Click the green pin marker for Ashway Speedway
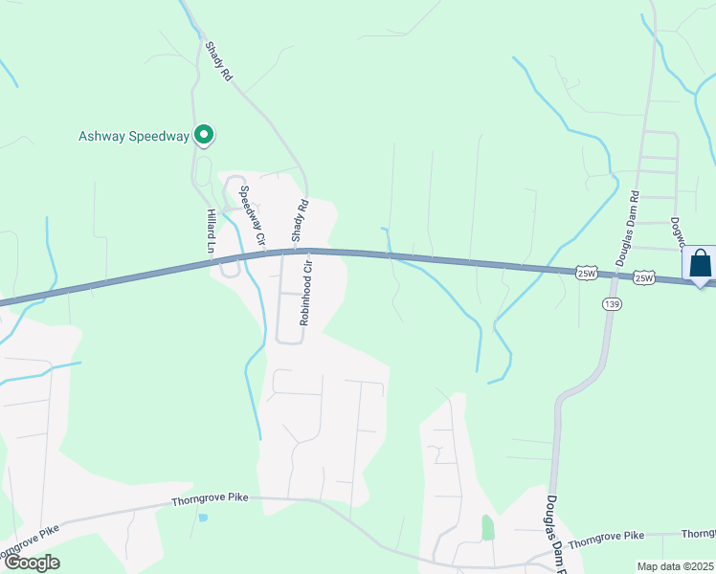[x=203, y=136]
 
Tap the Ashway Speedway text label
[x=133, y=136]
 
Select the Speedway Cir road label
[x=251, y=215]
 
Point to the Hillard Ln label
[x=212, y=232]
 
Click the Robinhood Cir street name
[x=305, y=291]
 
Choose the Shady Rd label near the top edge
[x=219, y=60]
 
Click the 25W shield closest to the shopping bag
[x=643, y=277]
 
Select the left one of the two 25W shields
[x=588, y=273]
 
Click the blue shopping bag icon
[x=700, y=262]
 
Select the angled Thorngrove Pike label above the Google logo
[x=31, y=541]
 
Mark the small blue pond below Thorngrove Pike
[x=202, y=518]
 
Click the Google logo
[x=32, y=563]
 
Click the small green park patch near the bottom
[x=487, y=527]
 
